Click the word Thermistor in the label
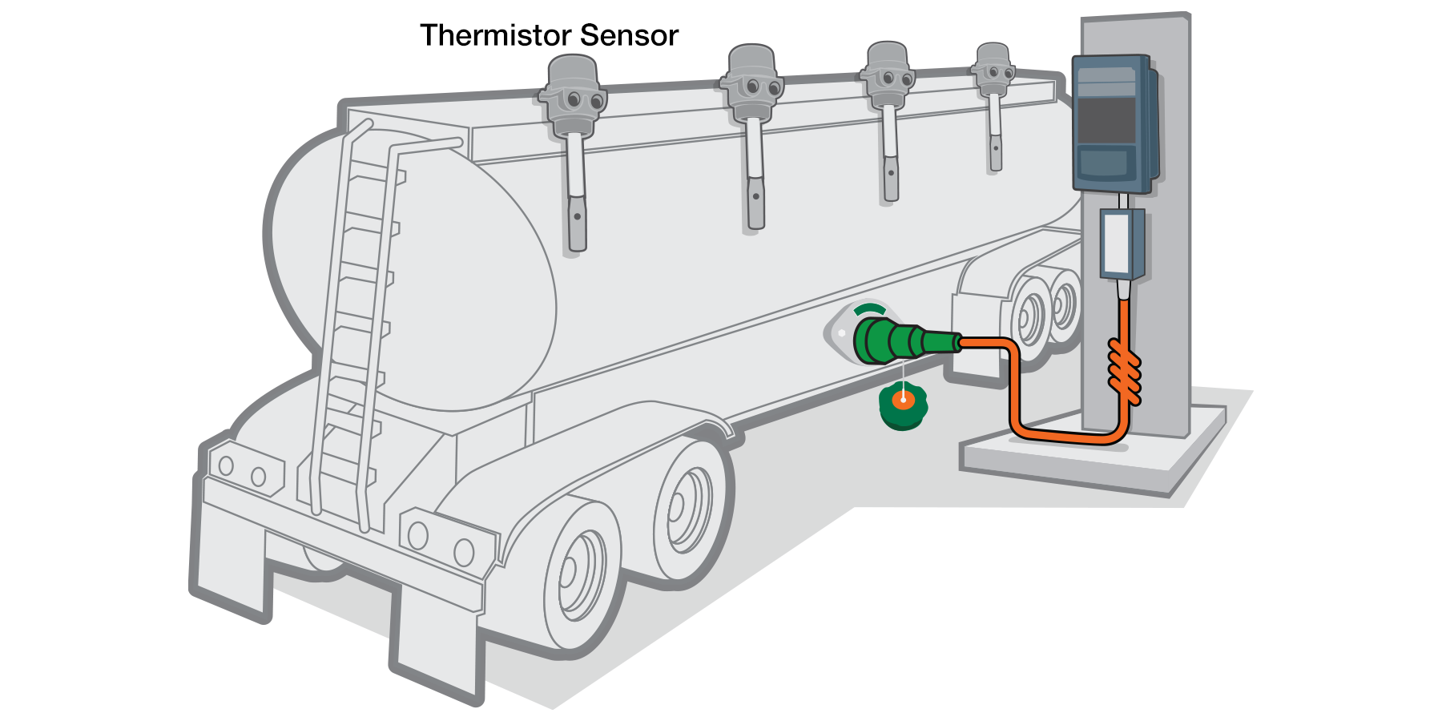pos(495,35)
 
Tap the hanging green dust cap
pos(903,407)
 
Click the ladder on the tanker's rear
pos(356,320)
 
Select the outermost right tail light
pos(465,552)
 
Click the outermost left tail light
pos(226,465)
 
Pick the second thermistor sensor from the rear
pos(753,88)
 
